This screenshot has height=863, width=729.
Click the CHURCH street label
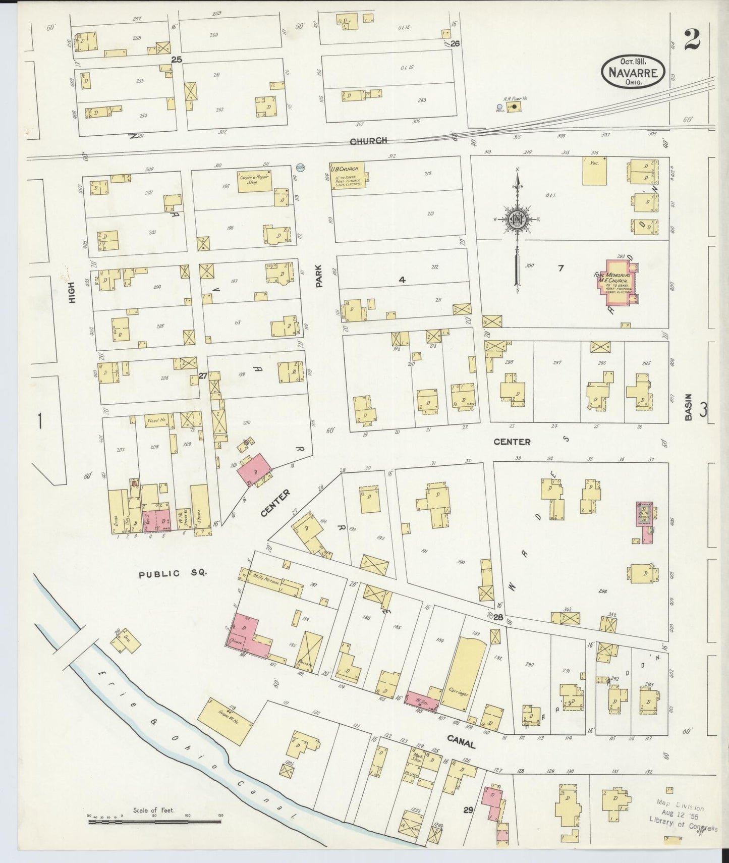pyautogui.click(x=368, y=141)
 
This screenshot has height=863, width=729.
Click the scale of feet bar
pyautogui.click(x=154, y=822)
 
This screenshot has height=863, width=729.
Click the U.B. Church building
pyautogui.click(x=348, y=175)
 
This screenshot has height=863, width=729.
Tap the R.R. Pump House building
pyautogui.click(x=514, y=108)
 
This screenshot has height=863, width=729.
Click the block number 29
pyautogui.click(x=468, y=811)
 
